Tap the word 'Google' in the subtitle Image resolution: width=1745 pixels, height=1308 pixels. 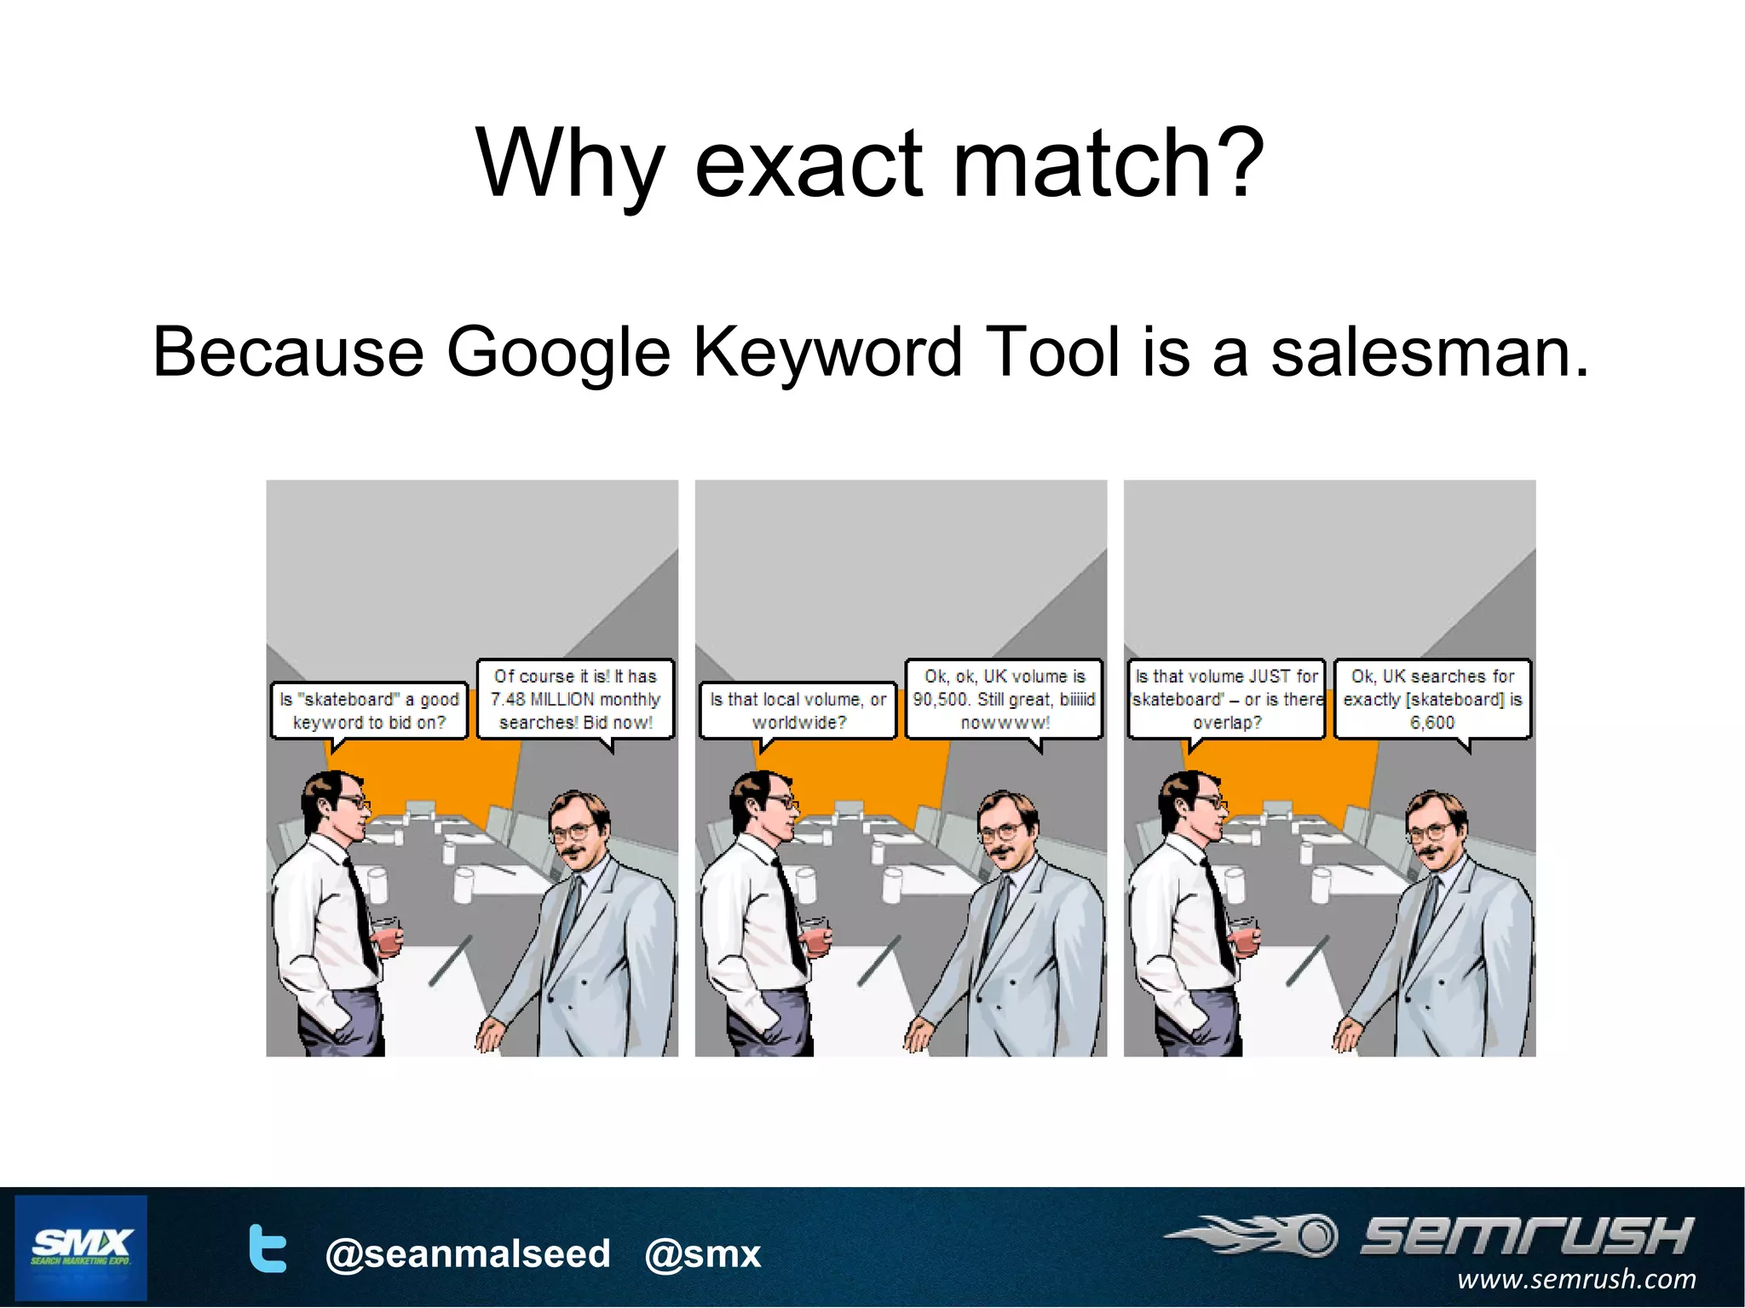pos(558,354)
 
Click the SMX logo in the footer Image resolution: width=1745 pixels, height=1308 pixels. pos(81,1247)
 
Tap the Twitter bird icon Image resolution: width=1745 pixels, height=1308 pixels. pos(268,1249)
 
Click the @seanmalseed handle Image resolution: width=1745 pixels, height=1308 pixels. pos(468,1253)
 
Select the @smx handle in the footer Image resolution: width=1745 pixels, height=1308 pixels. pos(702,1253)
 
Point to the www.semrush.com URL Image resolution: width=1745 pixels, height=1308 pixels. pos(1576,1279)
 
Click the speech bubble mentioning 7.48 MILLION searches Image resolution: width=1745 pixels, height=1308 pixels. pos(575,700)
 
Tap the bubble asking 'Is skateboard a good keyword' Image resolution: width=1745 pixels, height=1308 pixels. pos(369,711)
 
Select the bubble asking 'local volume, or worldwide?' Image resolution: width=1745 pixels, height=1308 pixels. pos(798,711)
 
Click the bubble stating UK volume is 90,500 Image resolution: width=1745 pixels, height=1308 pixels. pos(1004,700)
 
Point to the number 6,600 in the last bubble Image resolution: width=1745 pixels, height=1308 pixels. pos(1432,723)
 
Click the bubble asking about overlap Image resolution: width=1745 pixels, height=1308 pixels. pos(1226,700)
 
